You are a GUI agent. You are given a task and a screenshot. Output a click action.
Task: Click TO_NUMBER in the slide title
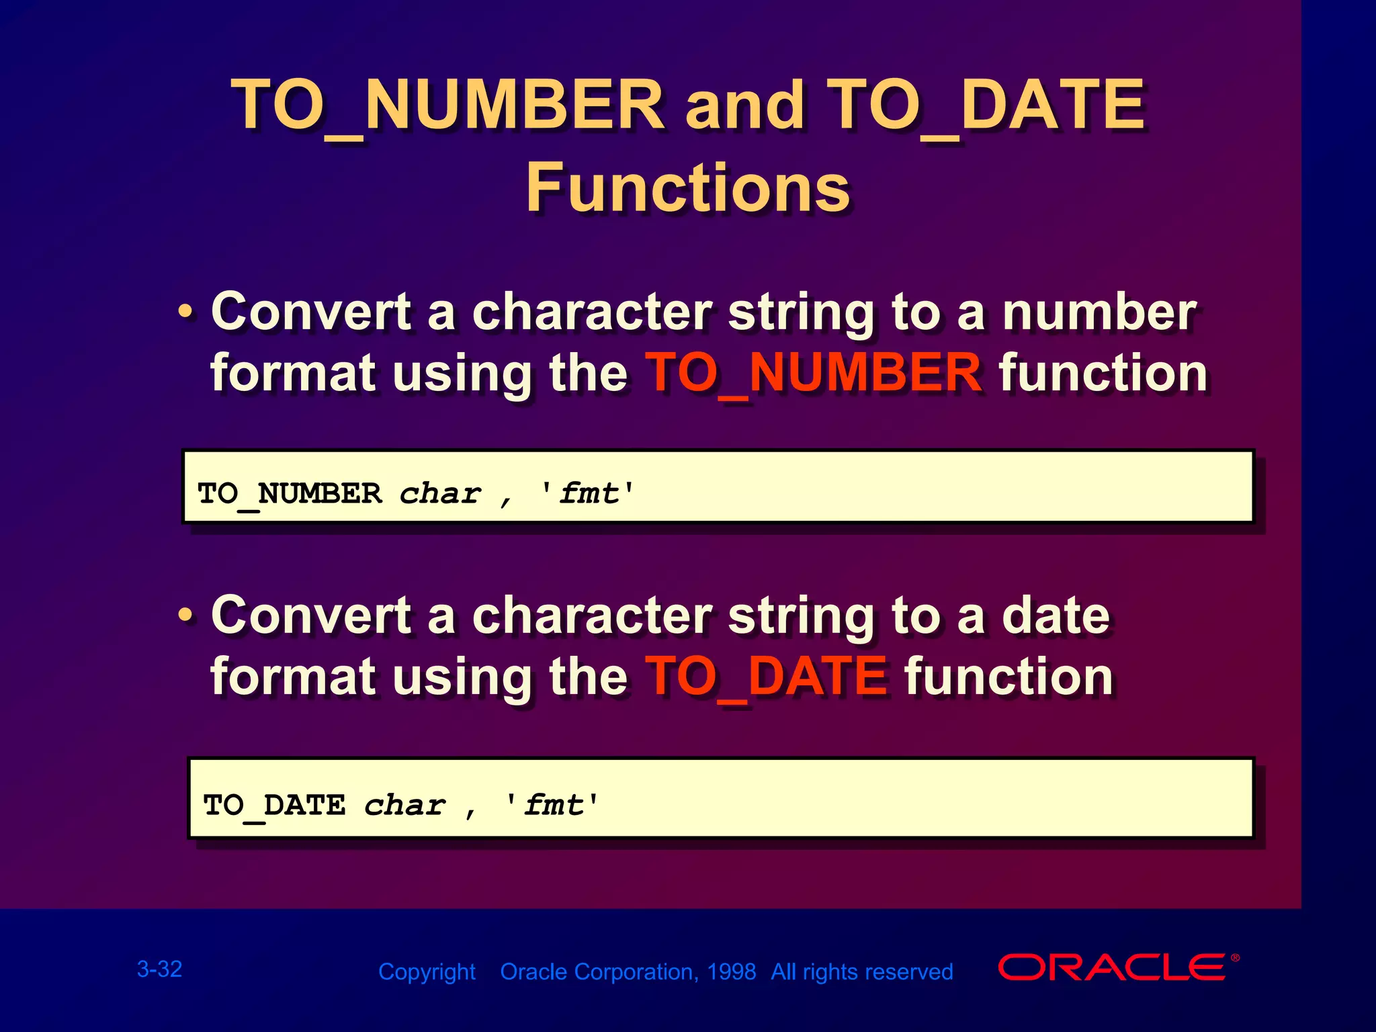[447, 105]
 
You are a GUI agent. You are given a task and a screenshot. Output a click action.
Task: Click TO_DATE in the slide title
[986, 105]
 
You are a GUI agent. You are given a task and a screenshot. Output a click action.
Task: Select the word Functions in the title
[687, 188]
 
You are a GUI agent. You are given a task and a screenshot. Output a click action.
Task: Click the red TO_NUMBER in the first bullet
[814, 374]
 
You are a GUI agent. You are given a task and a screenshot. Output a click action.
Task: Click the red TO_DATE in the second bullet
[766, 677]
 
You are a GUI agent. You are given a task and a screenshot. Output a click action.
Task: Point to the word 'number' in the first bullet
[1099, 313]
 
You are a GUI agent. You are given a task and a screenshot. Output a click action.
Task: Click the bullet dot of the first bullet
[185, 313]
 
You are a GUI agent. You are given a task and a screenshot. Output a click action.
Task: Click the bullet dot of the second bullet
[185, 615]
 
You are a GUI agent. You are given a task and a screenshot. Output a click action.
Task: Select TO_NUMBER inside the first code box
[290, 494]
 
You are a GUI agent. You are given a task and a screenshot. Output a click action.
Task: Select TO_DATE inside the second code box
[274, 805]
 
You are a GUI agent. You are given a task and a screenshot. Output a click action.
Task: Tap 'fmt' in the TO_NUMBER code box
[589, 494]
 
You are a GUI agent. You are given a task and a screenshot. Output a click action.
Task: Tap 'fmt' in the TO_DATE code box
[553, 805]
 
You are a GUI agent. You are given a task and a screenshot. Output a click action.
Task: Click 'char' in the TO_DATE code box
[404, 806]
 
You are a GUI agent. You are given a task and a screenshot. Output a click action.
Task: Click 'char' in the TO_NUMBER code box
[440, 494]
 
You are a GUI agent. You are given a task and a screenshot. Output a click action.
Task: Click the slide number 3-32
[159, 969]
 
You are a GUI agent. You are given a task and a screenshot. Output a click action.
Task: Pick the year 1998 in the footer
[731, 972]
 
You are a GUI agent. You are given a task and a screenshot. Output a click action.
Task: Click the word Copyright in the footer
[427, 972]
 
